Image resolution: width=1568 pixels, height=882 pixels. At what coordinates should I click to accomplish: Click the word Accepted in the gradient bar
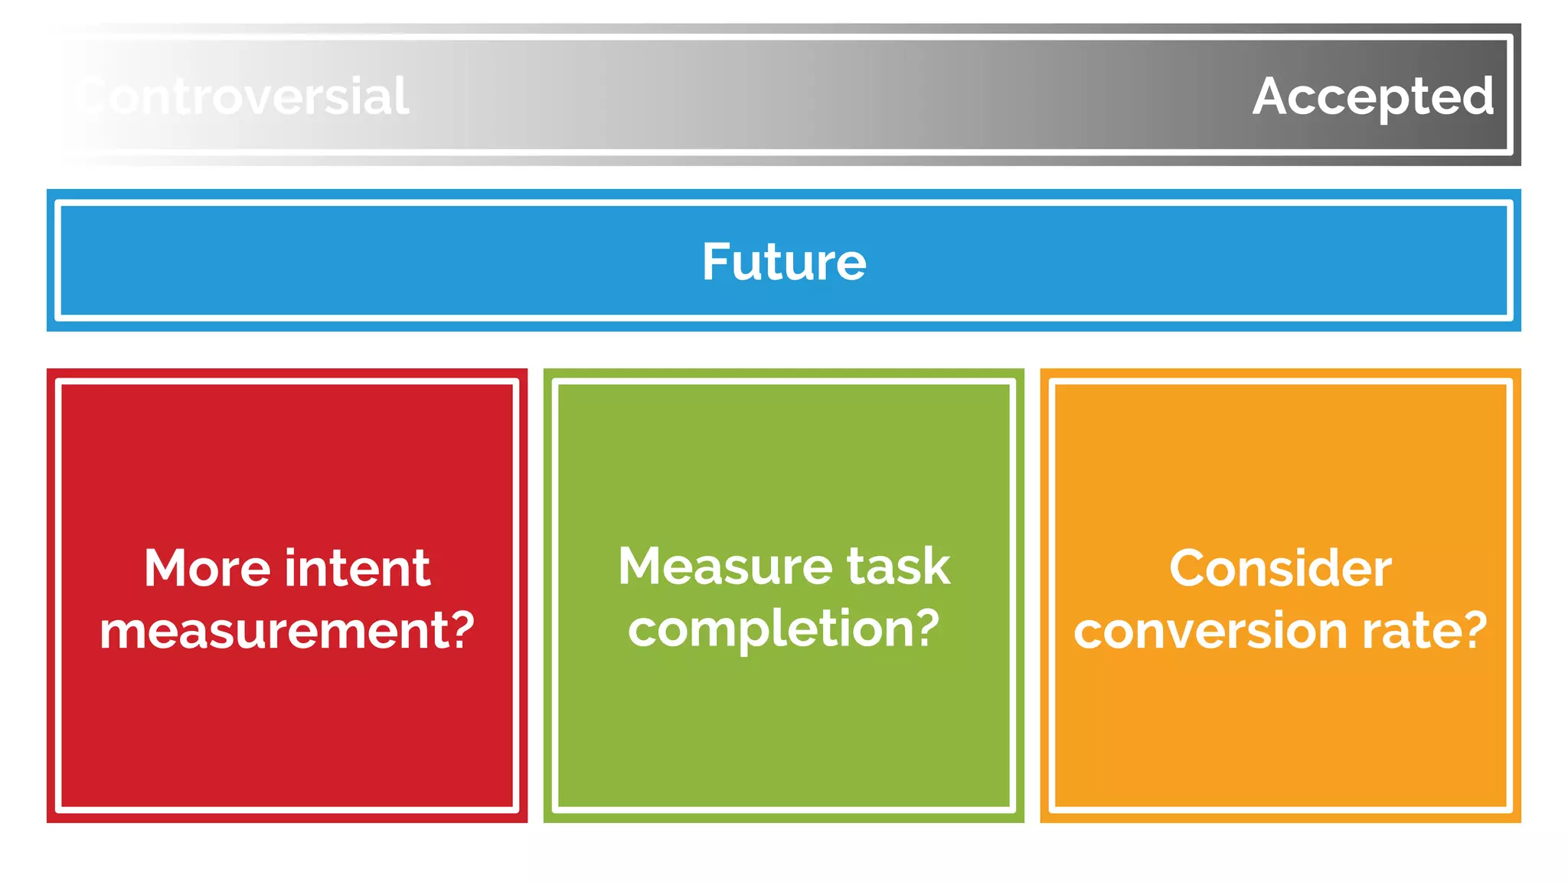[1373, 97]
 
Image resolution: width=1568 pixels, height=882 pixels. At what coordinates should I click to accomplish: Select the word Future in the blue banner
[784, 262]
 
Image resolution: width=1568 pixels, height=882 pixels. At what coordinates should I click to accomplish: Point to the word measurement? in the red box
[287, 631]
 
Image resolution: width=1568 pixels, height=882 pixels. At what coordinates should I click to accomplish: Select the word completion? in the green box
[783, 629]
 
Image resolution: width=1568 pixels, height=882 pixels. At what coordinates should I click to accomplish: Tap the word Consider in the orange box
[1280, 568]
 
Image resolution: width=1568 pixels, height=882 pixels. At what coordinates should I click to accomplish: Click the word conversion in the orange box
[1210, 631]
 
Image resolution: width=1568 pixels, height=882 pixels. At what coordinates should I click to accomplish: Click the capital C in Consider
[1187, 568]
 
